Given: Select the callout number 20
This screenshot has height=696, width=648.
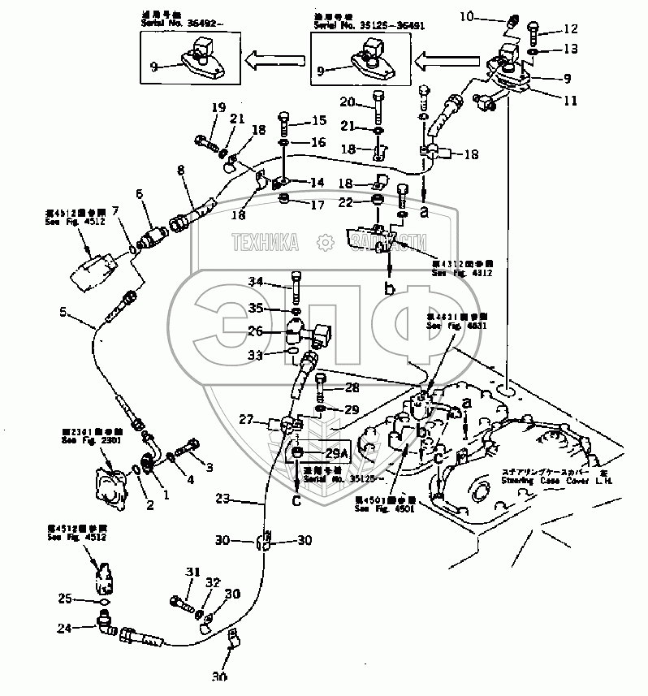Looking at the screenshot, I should tap(348, 103).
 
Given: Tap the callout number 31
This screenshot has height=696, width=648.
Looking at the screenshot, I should tap(192, 573).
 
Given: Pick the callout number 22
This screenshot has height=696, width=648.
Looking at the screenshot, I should tap(347, 201).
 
